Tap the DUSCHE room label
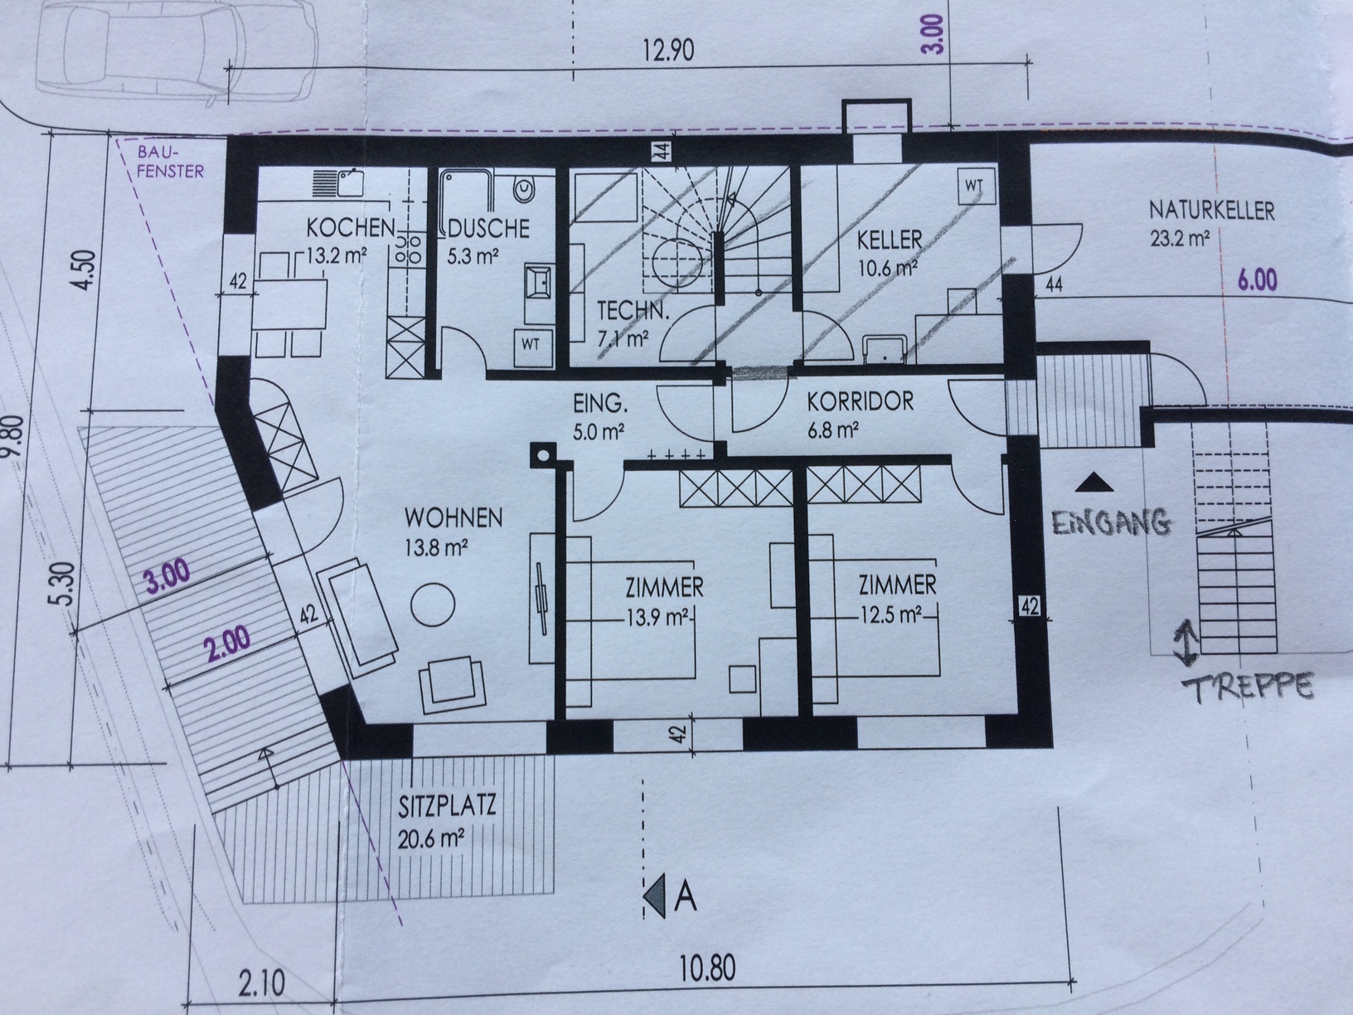pyautogui.click(x=488, y=228)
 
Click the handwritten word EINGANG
pyautogui.click(x=1111, y=522)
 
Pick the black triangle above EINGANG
pyautogui.click(x=1094, y=483)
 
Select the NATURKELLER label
pyautogui.click(x=1211, y=211)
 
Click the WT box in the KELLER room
pyautogui.click(x=976, y=186)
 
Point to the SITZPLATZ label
pyautogui.click(x=447, y=806)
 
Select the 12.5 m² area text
pyautogui.click(x=892, y=614)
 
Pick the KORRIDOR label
pyautogui.click(x=860, y=402)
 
